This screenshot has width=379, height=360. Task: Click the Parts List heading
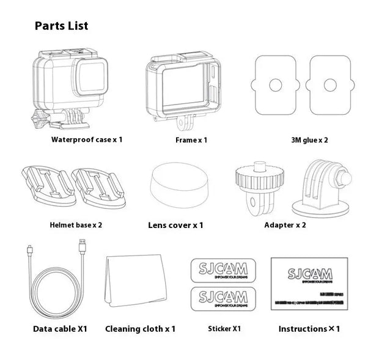point(61,26)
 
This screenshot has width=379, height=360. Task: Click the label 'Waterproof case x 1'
point(87,139)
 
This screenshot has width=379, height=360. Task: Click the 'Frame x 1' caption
point(191,140)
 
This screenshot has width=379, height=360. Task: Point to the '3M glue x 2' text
point(309,140)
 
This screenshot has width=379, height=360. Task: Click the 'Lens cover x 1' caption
point(175,225)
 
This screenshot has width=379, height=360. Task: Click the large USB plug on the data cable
point(81,248)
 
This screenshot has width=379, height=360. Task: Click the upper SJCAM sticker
point(219,270)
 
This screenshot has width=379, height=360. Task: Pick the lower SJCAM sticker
point(219,299)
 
